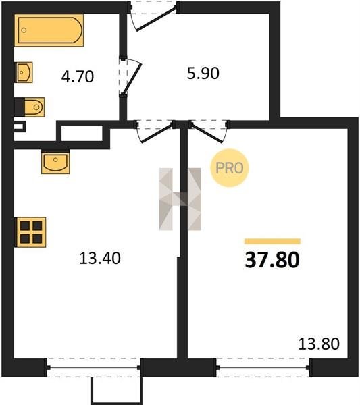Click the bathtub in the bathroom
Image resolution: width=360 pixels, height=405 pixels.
pyautogui.click(x=49, y=30)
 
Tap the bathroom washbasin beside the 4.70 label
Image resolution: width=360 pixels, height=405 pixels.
pyautogui.click(x=24, y=72)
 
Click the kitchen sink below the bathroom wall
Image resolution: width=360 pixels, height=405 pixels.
pyautogui.click(x=55, y=163)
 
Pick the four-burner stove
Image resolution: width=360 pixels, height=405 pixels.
pyautogui.click(x=31, y=232)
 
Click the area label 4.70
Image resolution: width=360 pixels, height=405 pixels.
pyautogui.click(x=78, y=77)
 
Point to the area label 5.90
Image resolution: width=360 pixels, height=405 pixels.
pyautogui.click(x=203, y=73)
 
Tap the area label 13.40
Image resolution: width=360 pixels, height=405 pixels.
pyautogui.click(x=100, y=258)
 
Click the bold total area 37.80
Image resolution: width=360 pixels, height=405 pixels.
pyautogui.click(x=272, y=260)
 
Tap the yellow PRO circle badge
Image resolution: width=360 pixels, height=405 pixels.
pyautogui.click(x=229, y=168)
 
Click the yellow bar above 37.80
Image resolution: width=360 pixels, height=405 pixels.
pyautogui.click(x=272, y=241)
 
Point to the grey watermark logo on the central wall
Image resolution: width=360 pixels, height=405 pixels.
pyautogui.click(x=180, y=199)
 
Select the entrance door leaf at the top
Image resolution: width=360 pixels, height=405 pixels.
pyautogui.click(x=156, y=20)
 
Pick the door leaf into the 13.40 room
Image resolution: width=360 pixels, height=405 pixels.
pyautogui.click(x=157, y=133)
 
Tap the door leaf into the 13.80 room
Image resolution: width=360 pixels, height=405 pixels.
pyautogui.click(x=207, y=133)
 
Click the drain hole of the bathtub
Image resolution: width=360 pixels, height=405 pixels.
pyautogui.click(x=24, y=30)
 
